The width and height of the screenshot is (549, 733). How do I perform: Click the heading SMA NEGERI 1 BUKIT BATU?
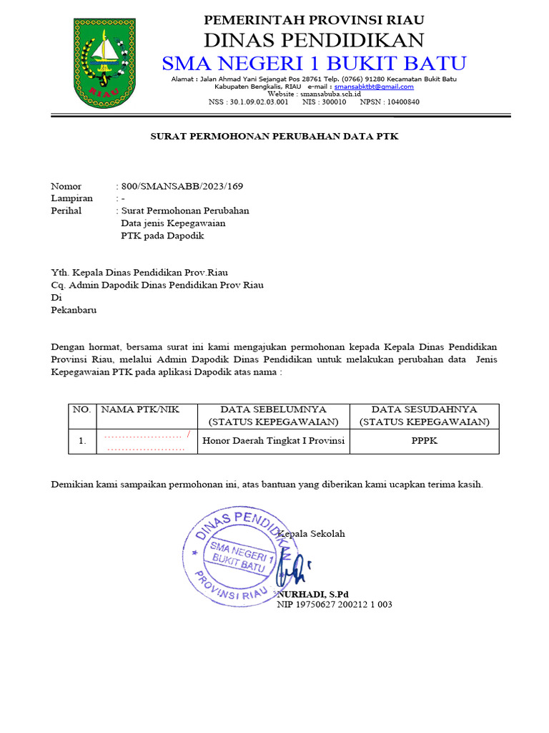pos(315,63)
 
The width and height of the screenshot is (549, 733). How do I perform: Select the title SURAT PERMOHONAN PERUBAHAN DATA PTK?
pos(274,136)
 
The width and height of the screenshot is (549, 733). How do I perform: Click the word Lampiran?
pos(71,198)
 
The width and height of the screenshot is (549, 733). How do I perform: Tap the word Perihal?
pos(66,210)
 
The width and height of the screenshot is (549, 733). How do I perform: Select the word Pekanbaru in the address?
pos(74,310)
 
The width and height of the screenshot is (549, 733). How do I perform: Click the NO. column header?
pos(81,409)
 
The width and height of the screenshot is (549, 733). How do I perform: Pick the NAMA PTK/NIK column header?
pos(141,409)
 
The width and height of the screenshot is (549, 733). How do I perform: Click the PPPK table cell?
pos(425,441)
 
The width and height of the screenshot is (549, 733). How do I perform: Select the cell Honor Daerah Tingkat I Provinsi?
pos(274,441)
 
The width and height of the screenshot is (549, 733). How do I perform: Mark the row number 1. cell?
pos(82,442)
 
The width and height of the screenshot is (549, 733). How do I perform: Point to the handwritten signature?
pos(292,571)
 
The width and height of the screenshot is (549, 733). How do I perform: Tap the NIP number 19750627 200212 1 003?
pos(335,605)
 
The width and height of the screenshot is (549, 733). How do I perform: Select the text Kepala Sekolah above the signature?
pos(312,534)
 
